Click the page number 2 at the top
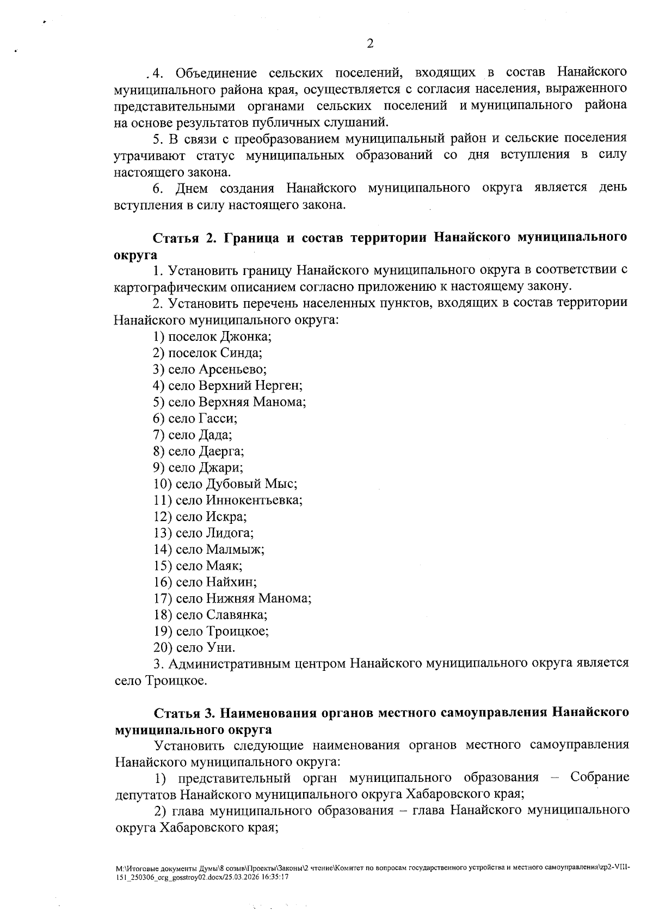pos(370,44)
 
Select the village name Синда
pos(241,353)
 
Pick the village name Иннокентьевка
pos(254,500)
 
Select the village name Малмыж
pos(235,549)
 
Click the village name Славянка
pos(236,615)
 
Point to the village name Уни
pos(220,647)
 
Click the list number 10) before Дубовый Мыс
pos(163,484)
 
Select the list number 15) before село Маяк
pos(163,566)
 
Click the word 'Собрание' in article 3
pos(600,778)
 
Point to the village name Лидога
pos(229,533)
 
